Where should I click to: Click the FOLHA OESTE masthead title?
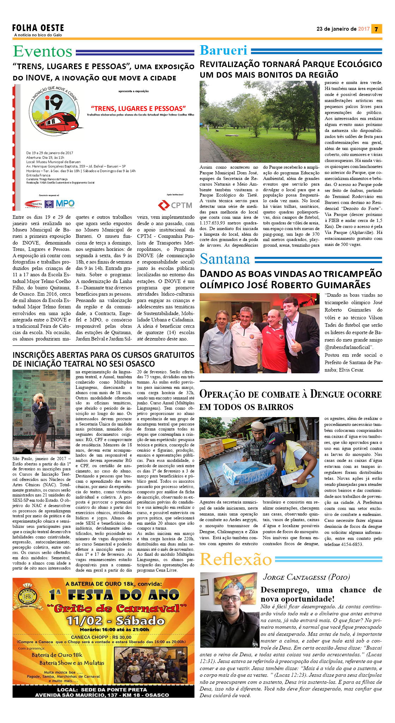38,28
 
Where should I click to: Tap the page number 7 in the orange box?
376,29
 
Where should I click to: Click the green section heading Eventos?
43,52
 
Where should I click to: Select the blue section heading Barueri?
223,50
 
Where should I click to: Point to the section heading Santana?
225,259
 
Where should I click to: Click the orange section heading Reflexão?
236,559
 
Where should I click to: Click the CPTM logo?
175,205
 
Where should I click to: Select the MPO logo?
65,203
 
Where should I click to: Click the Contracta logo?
33,204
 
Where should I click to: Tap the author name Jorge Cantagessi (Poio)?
306,577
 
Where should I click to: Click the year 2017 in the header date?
364,29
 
